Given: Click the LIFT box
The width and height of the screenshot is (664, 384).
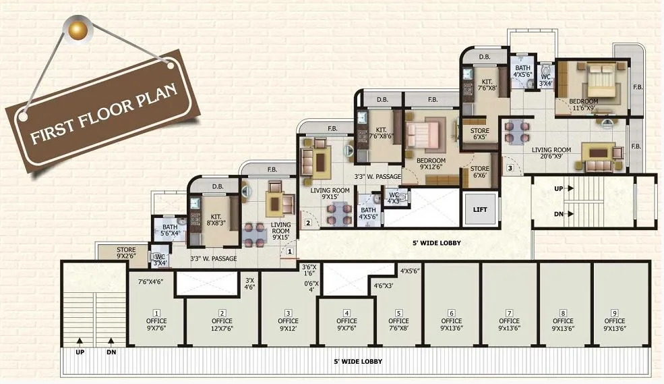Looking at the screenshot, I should coord(480,209).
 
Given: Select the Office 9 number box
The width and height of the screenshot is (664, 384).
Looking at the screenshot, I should coord(614,312).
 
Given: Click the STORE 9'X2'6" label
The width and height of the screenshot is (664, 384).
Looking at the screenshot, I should coord(125,253).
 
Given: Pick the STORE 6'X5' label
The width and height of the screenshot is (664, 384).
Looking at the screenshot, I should coord(479,134).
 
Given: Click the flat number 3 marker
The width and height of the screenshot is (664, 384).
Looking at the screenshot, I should coord(510,167).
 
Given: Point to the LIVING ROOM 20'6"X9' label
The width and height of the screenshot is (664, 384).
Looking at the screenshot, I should coord(552,154).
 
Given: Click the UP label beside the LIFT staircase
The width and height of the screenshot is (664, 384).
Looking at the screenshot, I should coord(557,189).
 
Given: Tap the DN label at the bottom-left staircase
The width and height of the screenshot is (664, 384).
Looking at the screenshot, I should coord(111,352).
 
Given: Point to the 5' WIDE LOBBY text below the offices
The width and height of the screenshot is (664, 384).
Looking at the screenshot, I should coord(357,362).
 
